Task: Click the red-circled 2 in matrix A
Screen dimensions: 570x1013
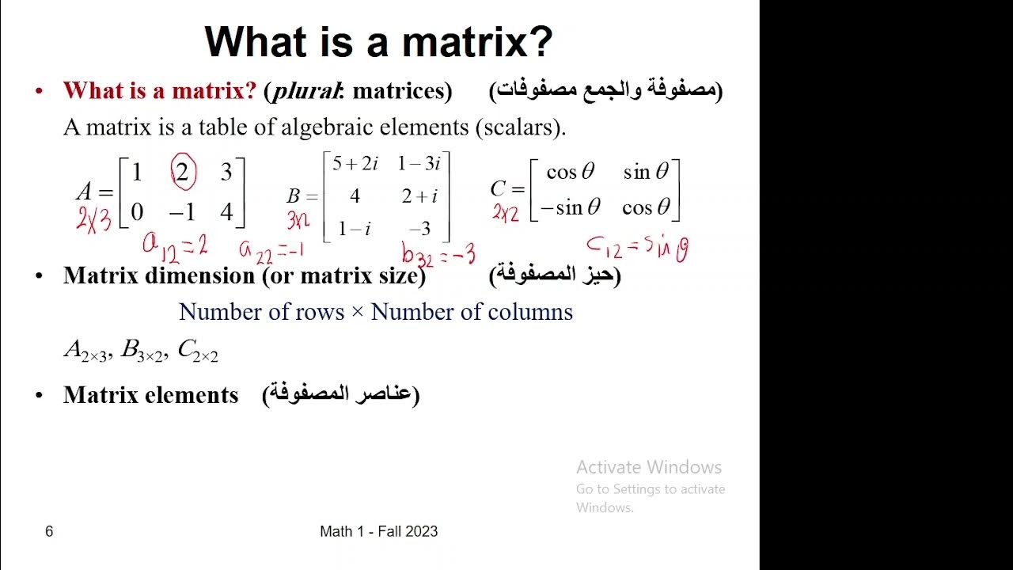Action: tap(182, 173)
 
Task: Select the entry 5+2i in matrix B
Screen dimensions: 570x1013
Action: tap(355, 164)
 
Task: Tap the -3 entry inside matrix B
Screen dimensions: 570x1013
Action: tap(419, 230)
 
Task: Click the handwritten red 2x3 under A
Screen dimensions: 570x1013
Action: tap(94, 218)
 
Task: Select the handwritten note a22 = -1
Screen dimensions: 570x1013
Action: tap(271, 250)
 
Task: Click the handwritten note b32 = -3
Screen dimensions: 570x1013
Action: tap(438, 254)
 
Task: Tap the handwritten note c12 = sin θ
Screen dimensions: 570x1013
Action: tap(637, 248)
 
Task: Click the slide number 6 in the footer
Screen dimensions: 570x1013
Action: tap(49, 531)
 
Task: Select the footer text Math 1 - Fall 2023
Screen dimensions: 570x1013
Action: tap(378, 531)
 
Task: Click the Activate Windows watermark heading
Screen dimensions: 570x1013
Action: tap(648, 467)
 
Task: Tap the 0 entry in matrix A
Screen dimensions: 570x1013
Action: tap(137, 211)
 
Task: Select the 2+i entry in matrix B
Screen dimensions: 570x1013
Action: tap(419, 196)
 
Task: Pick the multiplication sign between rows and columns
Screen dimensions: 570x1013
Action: tap(357, 312)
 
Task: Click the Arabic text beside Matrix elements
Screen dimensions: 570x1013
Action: tap(340, 394)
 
